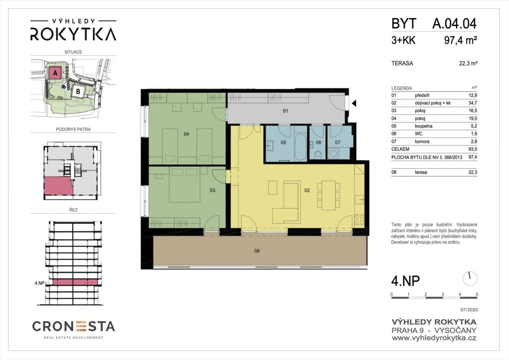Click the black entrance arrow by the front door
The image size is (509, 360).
(x=354, y=103)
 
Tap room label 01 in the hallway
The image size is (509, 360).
(x=286, y=111)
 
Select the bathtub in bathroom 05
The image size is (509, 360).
(x=300, y=147)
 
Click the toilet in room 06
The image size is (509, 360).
(x=318, y=155)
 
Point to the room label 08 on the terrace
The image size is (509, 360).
(x=257, y=251)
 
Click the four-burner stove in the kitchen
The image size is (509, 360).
(x=359, y=220)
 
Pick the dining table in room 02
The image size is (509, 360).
(x=329, y=195)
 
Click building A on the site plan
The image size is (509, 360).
(x=55, y=73)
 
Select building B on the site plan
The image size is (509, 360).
(x=78, y=92)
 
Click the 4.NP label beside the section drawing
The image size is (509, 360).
(x=39, y=283)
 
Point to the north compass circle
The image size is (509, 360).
(x=470, y=278)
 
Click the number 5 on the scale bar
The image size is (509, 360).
(x=477, y=294)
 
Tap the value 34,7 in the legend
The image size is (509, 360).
(x=473, y=103)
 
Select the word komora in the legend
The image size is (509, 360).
(x=422, y=141)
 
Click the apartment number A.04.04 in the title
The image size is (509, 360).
(x=455, y=24)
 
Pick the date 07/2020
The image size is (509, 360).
(x=469, y=310)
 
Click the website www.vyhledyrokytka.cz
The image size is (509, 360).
(x=434, y=338)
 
